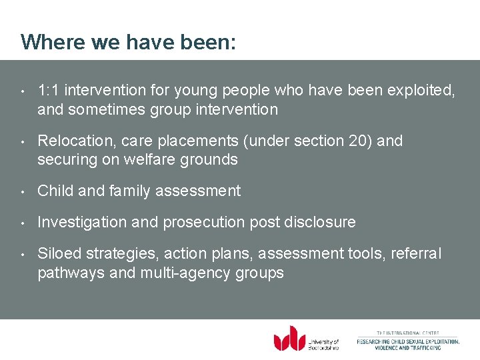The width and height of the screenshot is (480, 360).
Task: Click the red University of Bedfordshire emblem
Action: pos(289,338)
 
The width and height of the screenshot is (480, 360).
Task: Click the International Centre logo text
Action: pos(408,340)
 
